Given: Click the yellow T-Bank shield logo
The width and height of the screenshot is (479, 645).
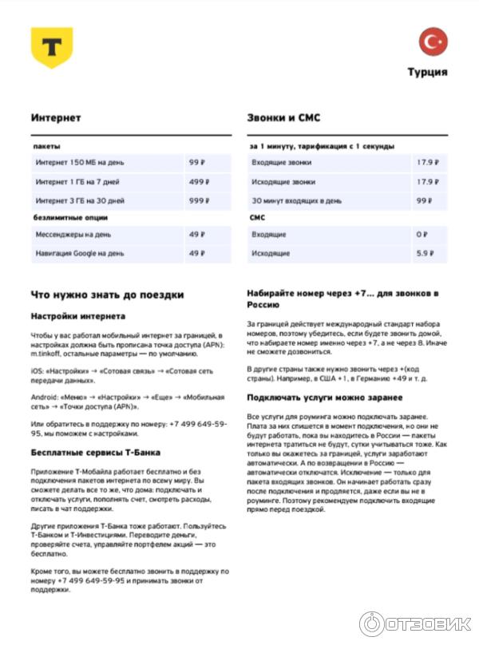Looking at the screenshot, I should (x=52, y=47).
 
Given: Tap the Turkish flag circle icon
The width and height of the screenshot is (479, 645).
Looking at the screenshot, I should (x=433, y=42).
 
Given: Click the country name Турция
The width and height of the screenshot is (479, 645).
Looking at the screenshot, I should (x=428, y=72).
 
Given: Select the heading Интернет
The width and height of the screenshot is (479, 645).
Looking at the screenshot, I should (x=56, y=117).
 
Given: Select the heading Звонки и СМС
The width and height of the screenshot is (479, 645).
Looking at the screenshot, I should (x=284, y=117).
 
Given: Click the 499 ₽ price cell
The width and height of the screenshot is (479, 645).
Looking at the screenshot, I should (x=196, y=181).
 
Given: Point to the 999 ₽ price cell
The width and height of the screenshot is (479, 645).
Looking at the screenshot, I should (x=196, y=200).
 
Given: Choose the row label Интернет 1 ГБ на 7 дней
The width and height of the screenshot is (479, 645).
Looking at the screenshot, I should (x=81, y=181).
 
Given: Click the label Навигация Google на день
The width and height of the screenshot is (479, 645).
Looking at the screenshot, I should (x=80, y=253).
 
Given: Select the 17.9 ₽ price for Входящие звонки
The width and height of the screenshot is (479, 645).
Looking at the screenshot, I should (x=427, y=163).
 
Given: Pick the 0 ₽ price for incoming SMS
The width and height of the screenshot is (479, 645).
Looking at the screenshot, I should (x=422, y=235).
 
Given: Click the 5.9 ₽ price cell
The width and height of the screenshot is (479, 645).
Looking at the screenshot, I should (x=424, y=253).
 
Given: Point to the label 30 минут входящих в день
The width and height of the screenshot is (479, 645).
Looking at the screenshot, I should (x=296, y=200).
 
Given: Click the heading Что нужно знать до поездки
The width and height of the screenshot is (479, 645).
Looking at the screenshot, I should (x=107, y=294).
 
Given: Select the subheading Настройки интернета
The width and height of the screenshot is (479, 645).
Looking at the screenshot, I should (x=78, y=316).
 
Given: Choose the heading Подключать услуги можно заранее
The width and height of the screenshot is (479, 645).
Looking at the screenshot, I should (x=324, y=398).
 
